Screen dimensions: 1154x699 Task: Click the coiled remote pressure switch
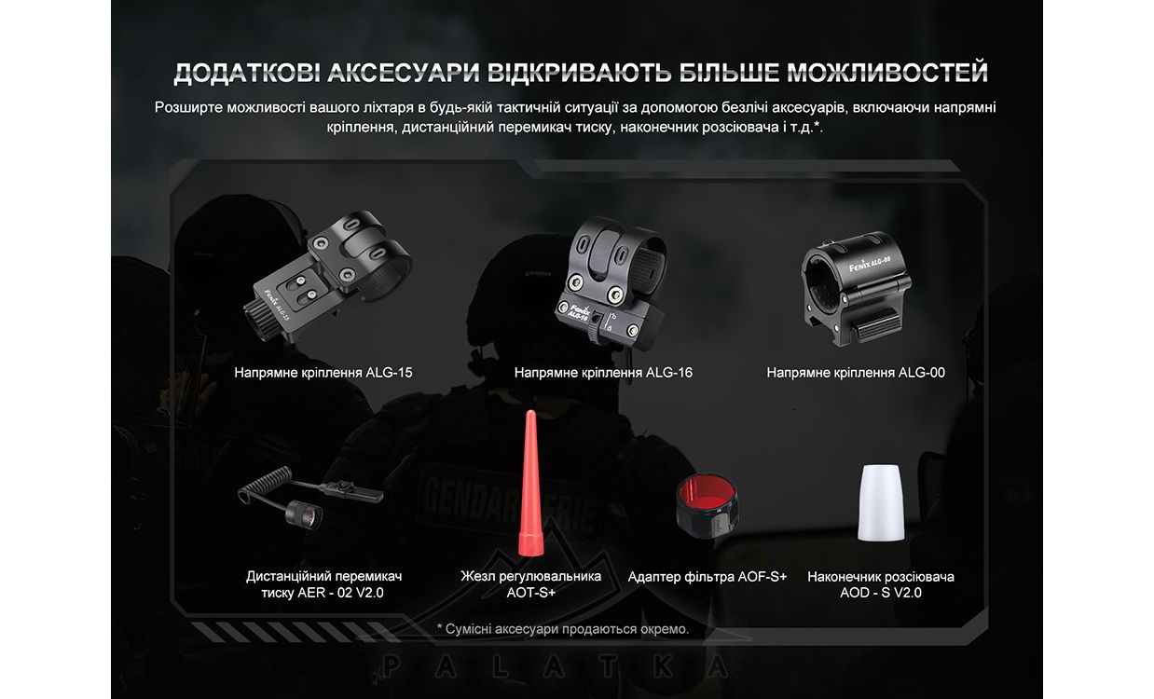coord(310,497)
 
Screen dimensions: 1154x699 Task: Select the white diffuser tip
coord(881,502)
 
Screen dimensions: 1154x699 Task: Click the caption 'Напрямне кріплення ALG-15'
coord(323,373)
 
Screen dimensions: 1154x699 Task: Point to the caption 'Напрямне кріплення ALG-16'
coord(603,373)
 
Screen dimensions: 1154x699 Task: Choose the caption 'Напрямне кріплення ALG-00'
coord(856,373)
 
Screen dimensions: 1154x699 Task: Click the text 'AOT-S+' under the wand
coord(531,593)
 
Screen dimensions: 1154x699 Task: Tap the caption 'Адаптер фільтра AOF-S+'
coord(708,576)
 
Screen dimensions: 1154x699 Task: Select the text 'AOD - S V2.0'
coord(881,593)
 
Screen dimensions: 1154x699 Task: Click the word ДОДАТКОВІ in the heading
coord(246,73)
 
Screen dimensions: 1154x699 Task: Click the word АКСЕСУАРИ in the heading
coord(403,72)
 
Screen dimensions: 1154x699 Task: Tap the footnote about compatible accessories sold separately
coord(563,629)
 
